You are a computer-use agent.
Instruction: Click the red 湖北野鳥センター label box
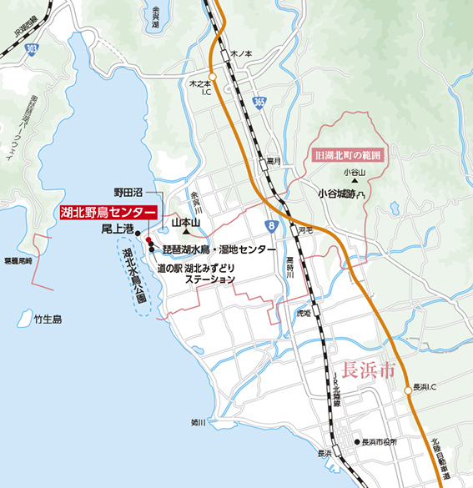coord(108,213)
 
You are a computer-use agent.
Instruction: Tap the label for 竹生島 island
coord(48,319)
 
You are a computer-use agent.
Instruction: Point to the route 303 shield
coord(31,49)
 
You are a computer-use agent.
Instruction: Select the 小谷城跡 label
coord(341,193)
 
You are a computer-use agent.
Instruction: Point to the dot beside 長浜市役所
coord(356,442)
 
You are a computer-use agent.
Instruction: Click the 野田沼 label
coord(128,191)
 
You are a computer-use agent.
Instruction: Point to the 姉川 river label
coord(197,422)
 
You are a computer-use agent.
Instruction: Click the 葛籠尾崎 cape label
coord(18,261)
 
